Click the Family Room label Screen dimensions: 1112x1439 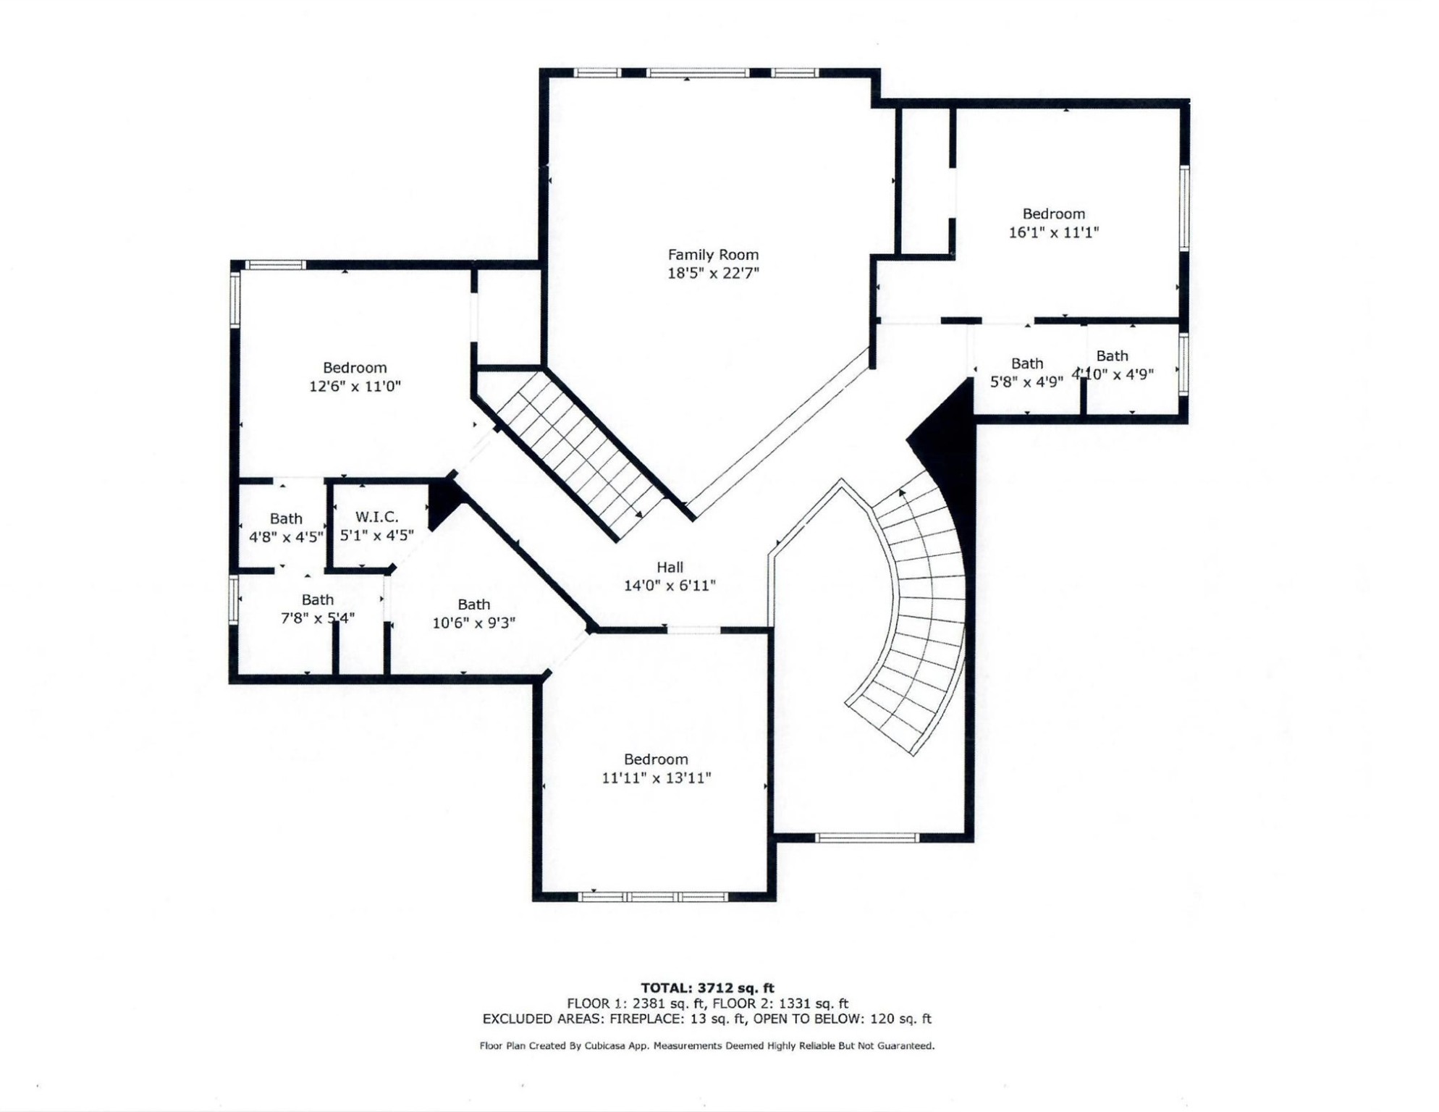click(x=713, y=255)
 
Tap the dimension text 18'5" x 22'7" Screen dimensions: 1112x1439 click(x=713, y=274)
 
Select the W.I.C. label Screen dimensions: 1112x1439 click(x=376, y=517)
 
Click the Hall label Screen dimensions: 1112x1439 click(x=670, y=568)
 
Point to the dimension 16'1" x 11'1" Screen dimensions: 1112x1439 click(x=1054, y=233)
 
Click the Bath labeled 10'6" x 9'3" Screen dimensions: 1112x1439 click(x=473, y=605)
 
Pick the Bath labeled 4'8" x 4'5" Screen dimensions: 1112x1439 click(x=286, y=519)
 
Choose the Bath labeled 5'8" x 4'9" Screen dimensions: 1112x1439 click(x=1026, y=363)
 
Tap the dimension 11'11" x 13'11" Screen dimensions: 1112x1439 click(x=656, y=778)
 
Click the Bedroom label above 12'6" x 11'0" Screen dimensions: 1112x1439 click(x=355, y=368)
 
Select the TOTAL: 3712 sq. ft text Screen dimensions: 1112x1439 click(x=707, y=988)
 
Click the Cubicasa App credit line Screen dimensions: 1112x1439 click(x=706, y=1046)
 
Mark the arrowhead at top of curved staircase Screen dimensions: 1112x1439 click(x=902, y=493)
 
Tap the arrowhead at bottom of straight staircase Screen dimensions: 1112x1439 click(x=638, y=514)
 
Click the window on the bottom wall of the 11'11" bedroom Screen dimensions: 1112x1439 click(x=654, y=897)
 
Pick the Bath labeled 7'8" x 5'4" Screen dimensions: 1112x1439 click(x=317, y=600)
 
